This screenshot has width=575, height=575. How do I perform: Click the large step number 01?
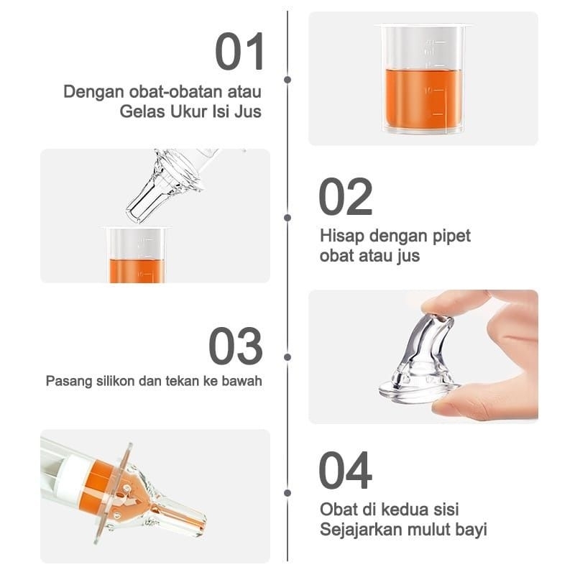[240, 52]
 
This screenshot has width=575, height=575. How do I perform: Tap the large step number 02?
[346, 197]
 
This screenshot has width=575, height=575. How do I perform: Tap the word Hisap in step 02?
[338, 236]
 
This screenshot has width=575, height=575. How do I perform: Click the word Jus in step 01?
[248, 112]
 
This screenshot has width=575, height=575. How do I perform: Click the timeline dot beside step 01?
[287, 79]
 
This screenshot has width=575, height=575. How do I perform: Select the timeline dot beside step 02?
[287, 216]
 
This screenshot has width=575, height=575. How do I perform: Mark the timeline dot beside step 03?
[287, 356]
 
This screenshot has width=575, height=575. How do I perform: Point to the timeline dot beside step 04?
[287, 493]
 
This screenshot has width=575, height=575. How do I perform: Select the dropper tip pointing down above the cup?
[140, 208]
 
